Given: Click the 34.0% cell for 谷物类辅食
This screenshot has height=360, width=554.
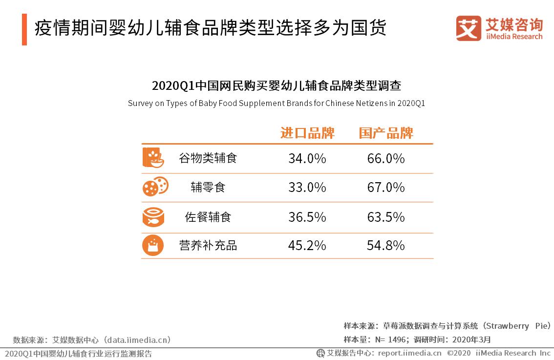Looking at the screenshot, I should click(307, 159).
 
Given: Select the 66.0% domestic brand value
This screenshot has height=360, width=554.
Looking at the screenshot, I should click(385, 159).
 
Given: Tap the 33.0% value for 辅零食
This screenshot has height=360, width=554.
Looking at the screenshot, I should click(307, 188).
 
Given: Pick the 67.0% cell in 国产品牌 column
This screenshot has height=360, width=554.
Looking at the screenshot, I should click(385, 188).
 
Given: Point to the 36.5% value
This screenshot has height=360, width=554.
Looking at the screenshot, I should click(307, 217).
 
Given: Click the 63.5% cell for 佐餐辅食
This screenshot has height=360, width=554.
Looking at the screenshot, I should click(385, 217).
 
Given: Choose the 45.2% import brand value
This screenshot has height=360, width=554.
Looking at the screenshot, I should click(307, 245).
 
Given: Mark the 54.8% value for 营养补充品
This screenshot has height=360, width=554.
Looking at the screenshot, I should click(385, 245).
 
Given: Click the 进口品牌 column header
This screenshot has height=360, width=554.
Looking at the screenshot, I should click(307, 133).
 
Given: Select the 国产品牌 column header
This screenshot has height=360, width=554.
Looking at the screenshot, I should click(386, 133).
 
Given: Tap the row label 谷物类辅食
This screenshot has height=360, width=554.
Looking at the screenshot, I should click(208, 159).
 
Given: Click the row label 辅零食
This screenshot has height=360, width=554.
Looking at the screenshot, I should click(208, 188).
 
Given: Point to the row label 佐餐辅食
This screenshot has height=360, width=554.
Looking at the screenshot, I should click(208, 217).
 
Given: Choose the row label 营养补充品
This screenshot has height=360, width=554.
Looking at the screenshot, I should click(208, 245).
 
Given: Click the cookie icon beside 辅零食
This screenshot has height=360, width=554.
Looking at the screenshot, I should click(155, 187).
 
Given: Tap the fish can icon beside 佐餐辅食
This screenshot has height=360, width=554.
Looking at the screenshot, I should click(153, 217).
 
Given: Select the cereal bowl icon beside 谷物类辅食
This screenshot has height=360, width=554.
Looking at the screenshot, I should click(153, 157).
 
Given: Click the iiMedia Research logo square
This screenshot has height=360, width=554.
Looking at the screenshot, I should click(469, 28).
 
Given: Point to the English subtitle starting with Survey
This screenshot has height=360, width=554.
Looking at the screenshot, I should click(277, 104).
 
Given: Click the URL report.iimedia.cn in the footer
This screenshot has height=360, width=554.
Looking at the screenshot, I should click(409, 353).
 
